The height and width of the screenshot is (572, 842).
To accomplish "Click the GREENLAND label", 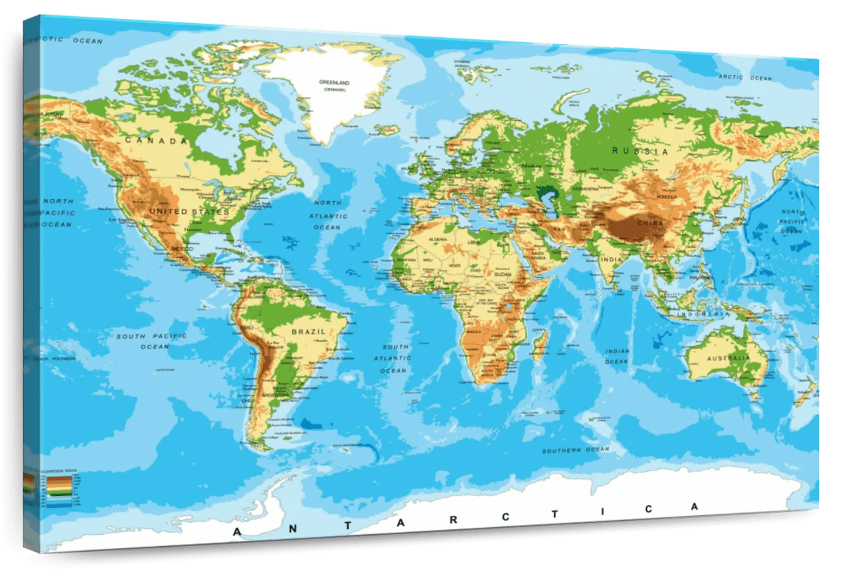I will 334,83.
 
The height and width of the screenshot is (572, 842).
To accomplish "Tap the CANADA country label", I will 156,141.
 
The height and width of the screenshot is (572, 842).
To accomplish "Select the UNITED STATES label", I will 189,211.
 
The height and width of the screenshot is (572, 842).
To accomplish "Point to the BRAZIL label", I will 309,332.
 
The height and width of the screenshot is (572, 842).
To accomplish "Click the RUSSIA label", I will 640,151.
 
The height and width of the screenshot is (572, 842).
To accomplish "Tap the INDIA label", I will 610,260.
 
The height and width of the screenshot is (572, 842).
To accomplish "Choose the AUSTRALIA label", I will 728,357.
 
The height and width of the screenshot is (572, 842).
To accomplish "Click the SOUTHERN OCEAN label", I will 570,450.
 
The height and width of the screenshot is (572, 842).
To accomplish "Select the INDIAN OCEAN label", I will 617,356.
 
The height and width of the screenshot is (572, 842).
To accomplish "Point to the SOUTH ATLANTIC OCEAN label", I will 394,358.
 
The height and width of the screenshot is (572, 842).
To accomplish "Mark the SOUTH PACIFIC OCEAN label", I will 152,341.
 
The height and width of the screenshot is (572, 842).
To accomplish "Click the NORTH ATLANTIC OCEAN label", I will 326,214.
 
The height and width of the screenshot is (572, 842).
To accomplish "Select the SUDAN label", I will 504,274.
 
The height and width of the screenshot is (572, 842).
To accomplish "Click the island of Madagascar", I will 540,345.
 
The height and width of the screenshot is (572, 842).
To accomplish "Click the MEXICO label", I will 182,249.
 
